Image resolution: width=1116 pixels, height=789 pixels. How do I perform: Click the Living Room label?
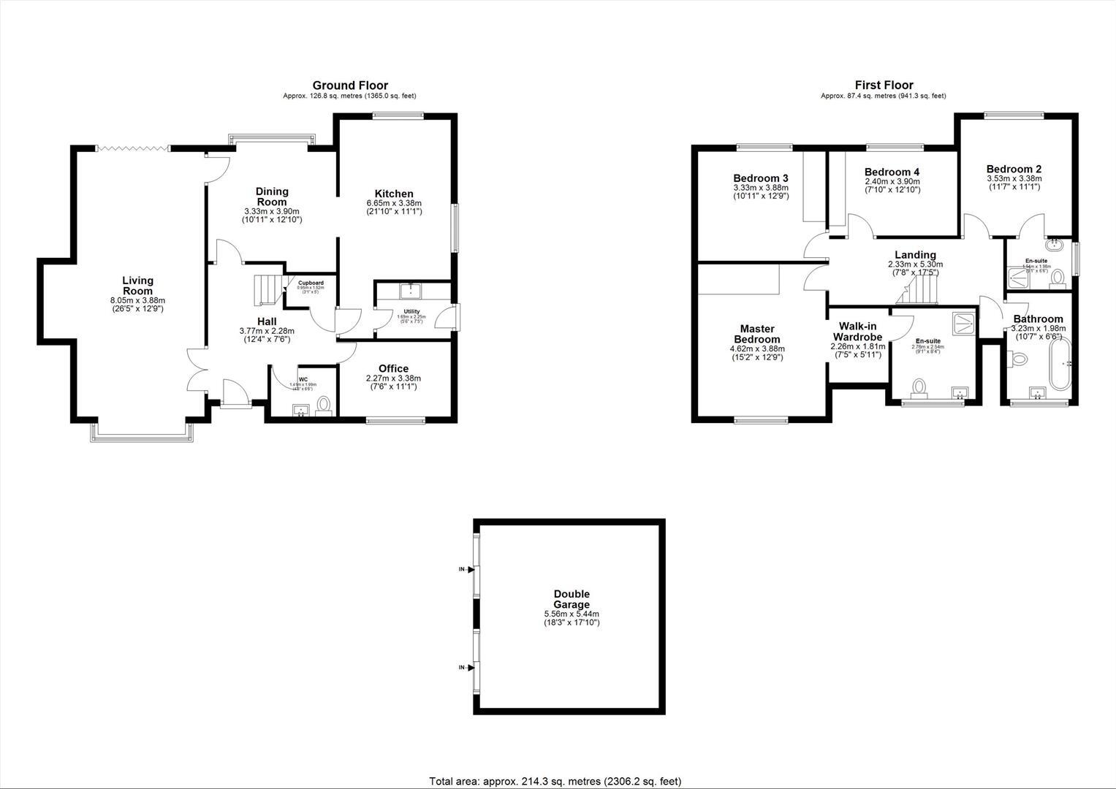[x=137, y=286]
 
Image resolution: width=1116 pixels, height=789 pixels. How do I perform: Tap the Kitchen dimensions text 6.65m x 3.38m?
[x=394, y=203]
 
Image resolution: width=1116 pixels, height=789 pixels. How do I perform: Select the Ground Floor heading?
[x=350, y=85]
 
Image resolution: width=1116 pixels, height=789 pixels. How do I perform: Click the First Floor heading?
[x=884, y=85]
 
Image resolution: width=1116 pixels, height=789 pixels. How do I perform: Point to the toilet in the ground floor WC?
[x=324, y=403]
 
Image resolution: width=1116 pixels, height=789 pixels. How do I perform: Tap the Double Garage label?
[x=571, y=599]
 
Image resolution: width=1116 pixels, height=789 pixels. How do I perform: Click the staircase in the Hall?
[x=268, y=289]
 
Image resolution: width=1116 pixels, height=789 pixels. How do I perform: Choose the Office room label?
[x=393, y=368]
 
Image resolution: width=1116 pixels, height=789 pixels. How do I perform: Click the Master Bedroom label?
[x=756, y=334]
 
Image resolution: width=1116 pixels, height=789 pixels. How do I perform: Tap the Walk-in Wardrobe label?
[x=857, y=331]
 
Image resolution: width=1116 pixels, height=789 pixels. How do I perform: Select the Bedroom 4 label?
[x=892, y=172]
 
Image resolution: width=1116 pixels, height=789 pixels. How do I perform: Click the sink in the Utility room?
[x=411, y=291]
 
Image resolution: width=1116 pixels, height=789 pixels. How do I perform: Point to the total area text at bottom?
[x=555, y=781]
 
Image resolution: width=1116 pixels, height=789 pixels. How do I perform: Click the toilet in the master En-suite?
[x=919, y=386]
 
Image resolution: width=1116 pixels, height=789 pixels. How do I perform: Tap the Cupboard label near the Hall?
[x=311, y=283]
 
